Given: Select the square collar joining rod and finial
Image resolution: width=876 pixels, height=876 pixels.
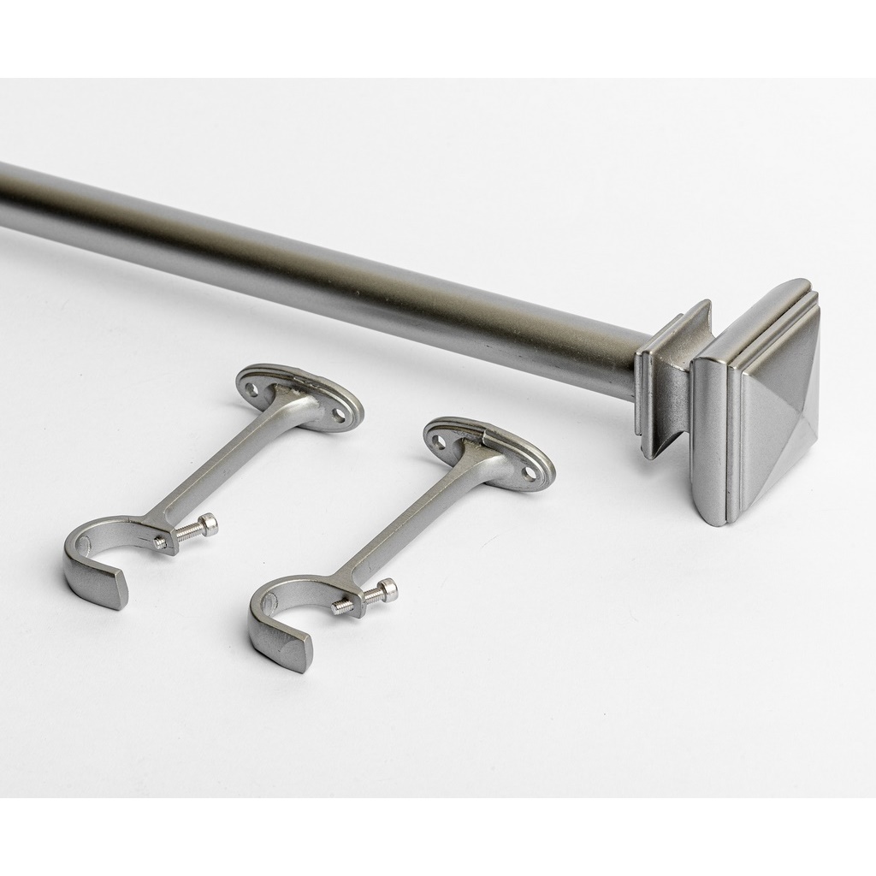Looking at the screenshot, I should (672, 376).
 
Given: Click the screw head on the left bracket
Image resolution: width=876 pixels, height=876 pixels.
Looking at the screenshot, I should (209, 524).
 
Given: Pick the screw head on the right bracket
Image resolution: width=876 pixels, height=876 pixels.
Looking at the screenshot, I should (388, 589).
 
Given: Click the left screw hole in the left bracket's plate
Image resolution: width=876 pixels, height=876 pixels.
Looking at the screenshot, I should (252, 389).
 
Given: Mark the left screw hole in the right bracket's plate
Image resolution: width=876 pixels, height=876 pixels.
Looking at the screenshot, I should (439, 441).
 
